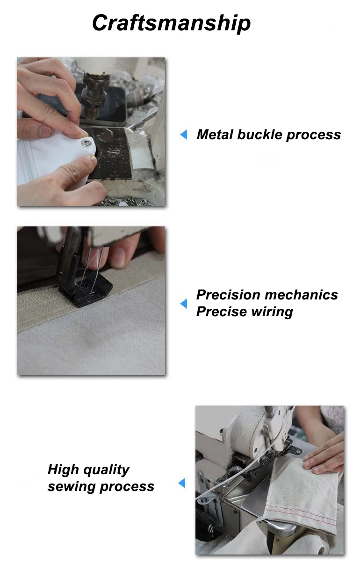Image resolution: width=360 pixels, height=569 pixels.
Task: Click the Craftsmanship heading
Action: pyautogui.click(x=172, y=23)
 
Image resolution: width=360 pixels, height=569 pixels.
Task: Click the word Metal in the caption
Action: pyautogui.click(x=215, y=135)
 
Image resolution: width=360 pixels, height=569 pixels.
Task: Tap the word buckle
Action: pyautogui.click(x=259, y=135)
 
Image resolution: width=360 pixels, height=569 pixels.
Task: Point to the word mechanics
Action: pyautogui.click(x=302, y=295)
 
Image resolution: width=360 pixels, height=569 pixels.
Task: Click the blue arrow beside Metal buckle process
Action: pyautogui.click(x=184, y=135)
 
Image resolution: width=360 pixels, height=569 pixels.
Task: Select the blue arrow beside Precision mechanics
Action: pyautogui.click(x=184, y=303)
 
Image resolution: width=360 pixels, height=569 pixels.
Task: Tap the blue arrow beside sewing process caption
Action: pyautogui.click(x=182, y=483)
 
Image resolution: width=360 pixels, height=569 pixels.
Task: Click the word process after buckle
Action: pyautogui.click(x=314, y=135)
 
